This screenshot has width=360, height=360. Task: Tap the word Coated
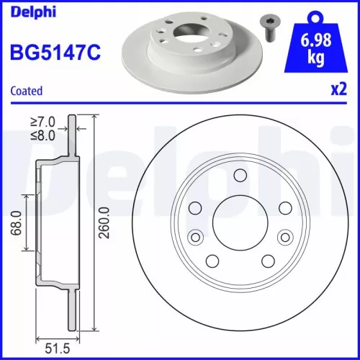26,91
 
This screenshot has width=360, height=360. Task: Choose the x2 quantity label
336,91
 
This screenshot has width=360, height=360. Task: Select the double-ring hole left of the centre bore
194,238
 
